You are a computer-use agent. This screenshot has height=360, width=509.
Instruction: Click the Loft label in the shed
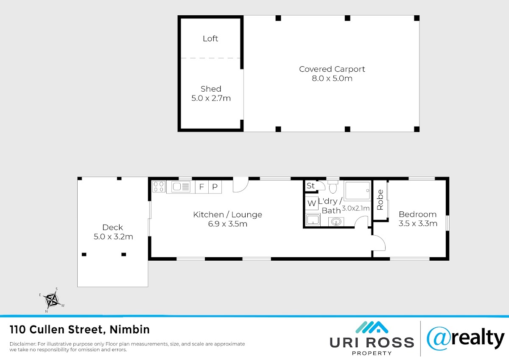click(x=210, y=39)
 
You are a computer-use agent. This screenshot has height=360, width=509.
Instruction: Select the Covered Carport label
click(x=332, y=69)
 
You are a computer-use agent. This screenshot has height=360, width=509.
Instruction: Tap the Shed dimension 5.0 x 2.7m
click(x=211, y=98)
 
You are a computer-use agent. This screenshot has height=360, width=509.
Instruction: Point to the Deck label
click(x=113, y=227)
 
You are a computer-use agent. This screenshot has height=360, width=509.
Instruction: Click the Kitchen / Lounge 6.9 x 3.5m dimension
click(x=228, y=224)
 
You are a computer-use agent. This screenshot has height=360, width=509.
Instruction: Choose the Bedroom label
click(x=418, y=214)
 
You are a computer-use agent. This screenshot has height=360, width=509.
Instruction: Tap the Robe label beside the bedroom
click(x=380, y=200)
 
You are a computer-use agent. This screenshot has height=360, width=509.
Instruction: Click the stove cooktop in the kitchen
click(x=159, y=186)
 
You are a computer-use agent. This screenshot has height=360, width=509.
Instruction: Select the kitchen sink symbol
click(x=181, y=187)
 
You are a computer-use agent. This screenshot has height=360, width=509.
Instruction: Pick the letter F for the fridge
click(x=201, y=187)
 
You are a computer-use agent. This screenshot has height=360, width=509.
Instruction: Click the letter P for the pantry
click(x=215, y=187)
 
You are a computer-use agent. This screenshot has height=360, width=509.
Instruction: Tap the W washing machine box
click(x=311, y=203)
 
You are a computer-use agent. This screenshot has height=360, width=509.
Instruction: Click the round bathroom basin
click(x=336, y=222)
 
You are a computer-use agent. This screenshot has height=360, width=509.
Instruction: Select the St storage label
click(x=310, y=186)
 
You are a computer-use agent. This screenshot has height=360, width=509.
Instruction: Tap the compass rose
click(x=53, y=300)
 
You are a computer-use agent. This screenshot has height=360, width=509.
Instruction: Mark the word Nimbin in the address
click(x=129, y=329)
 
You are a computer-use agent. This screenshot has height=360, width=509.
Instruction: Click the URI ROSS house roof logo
click(x=372, y=327)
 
